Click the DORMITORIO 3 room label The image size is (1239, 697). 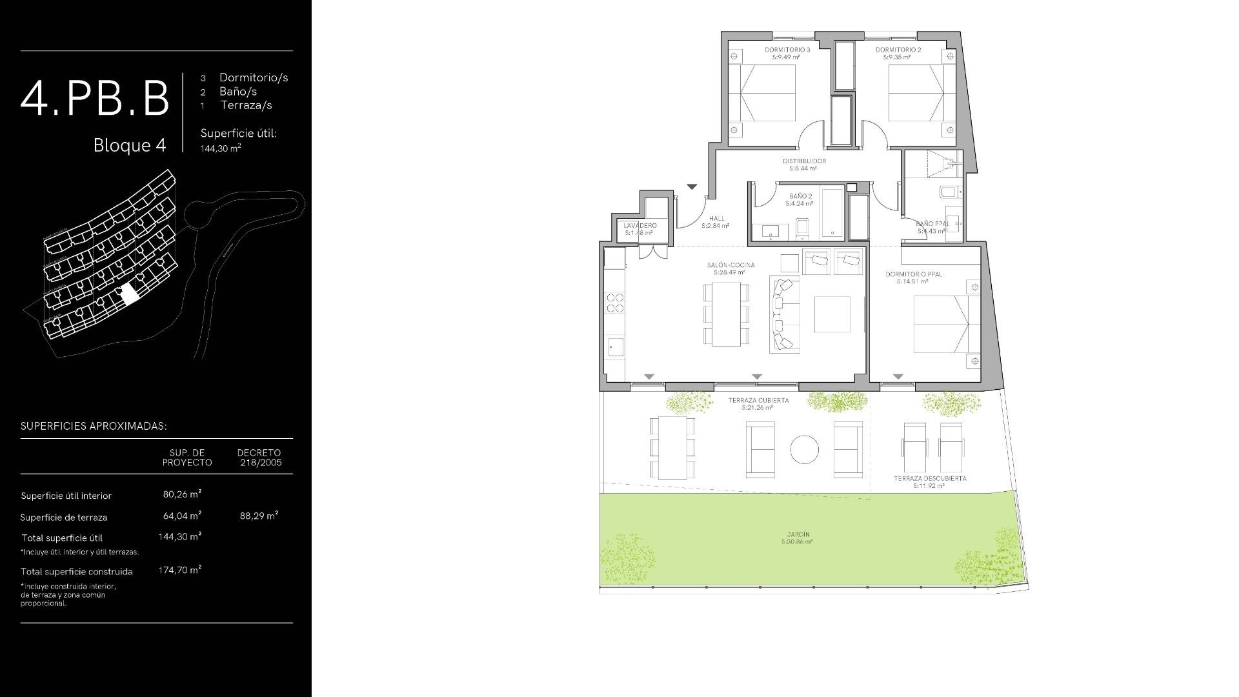tap(787, 50)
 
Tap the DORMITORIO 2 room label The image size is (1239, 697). tap(898, 50)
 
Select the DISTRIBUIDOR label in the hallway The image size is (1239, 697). tap(803, 161)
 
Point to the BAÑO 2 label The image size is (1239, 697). tap(800, 196)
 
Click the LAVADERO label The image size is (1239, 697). tap(640, 226)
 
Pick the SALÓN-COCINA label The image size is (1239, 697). tap(730, 265)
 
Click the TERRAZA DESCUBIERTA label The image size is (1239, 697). tap(930, 479)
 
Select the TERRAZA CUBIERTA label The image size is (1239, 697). tap(758, 401)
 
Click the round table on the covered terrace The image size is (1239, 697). tap(804, 449)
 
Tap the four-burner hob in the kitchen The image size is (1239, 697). tap(615, 303)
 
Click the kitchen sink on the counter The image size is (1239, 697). tap(616, 347)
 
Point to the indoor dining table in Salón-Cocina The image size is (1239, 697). tap(726, 314)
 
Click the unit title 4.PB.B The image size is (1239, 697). tap(95, 99)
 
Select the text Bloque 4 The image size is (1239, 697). tap(130, 145)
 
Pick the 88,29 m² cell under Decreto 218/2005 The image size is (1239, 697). tap(259, 516)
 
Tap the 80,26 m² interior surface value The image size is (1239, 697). tap(182, 494)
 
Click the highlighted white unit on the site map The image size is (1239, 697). tap(130, 294)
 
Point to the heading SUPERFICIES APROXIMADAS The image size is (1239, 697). tap(94, 427)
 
